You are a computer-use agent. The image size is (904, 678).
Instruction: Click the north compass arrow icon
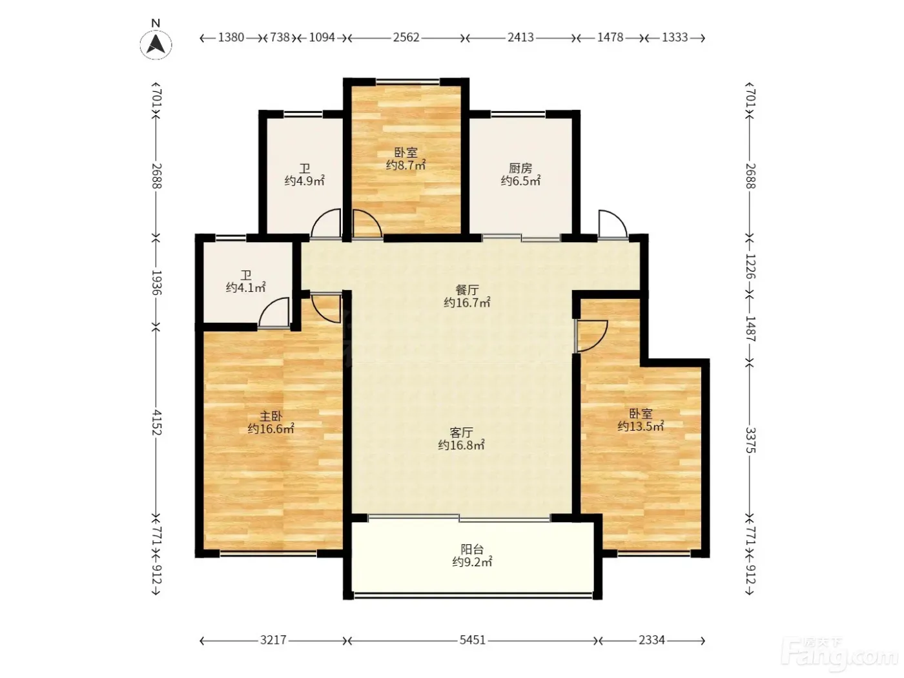click(x=156, y=45)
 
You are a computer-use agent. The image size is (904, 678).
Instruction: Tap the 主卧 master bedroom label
click(x=271, y=416)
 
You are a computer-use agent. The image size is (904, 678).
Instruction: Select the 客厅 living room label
click(x=461, y=432)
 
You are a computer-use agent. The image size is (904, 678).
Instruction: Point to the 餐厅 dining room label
click(x=467, y=290)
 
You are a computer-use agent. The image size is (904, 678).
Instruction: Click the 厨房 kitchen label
click(x=520, y=168)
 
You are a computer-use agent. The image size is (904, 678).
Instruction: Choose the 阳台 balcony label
click(x=472, y=549)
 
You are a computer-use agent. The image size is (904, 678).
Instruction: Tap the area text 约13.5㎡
click(x=641, y=426)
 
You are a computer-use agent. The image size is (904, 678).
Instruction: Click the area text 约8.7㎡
click(x=406, y=165)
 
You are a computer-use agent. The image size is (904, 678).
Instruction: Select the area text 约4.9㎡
click(x=304, y=181)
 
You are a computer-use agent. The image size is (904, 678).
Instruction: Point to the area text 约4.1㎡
click(x=246, y=287)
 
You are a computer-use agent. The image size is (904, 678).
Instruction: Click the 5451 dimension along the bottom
click(x=473, y=640)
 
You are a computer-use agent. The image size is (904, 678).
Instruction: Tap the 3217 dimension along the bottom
click(x=273, y=640)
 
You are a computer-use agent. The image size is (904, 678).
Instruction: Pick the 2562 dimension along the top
click(x=406, y=37)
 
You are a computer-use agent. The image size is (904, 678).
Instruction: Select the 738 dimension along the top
click(x=280, y=37)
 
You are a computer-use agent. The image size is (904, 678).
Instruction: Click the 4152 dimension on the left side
click(x=157, y=422)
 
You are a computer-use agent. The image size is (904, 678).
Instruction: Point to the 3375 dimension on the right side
click(x=751, y=440)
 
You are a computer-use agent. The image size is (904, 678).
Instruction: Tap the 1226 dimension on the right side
click(x=751, y=267)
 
